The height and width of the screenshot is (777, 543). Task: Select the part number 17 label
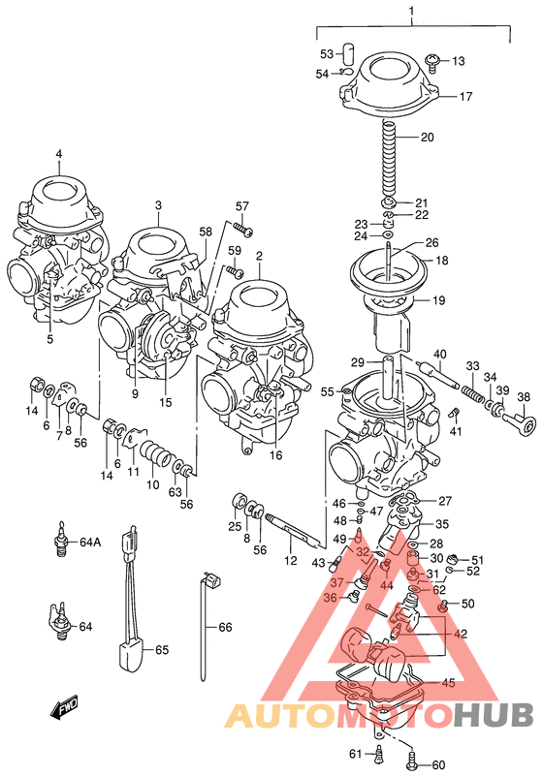(465, 97)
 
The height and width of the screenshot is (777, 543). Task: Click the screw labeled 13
(433, 62)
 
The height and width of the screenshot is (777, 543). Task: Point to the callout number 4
(58, 154)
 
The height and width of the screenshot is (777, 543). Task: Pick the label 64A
(90, 542)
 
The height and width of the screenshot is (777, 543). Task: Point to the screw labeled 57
(243, 230)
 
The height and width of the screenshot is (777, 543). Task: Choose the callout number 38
(524, 397)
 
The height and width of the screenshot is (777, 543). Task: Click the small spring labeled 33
(471, 394)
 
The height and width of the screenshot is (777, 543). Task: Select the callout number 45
(447, 683)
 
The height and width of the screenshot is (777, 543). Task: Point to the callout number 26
(431, 242)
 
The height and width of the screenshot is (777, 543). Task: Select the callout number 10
(151, 483)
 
